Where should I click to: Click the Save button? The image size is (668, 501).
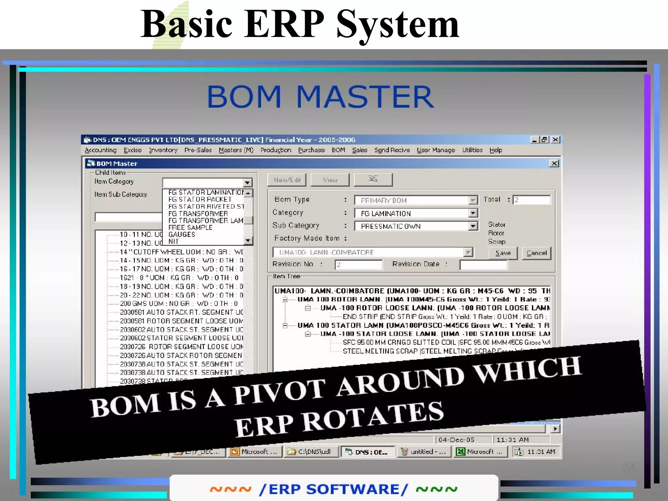503,253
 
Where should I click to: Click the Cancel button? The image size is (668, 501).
536,253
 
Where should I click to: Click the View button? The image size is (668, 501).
330,180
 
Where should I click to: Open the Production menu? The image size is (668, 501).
276,150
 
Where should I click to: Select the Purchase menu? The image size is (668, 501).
311,150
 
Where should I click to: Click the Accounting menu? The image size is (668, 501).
100,150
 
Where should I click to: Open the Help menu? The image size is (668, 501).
495,150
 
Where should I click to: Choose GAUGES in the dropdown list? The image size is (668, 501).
182,234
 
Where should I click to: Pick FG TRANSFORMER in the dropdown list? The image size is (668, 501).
198,214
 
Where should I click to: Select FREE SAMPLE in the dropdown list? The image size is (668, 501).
190,228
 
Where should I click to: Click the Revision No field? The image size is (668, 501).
358,265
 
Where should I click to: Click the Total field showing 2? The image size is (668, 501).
531,200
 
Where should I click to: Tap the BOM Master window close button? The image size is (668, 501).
554,163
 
